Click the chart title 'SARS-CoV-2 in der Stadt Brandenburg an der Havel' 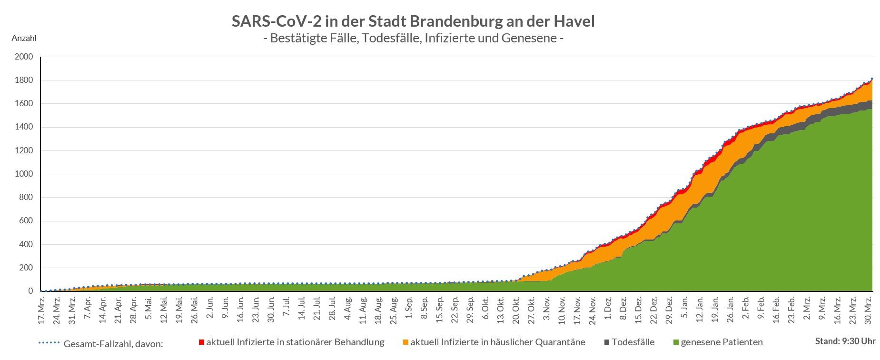point(413,21)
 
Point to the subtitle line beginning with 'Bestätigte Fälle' point(413,38)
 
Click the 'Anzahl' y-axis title point(24,39)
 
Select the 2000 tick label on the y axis point(24,57)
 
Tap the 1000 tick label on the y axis point(24,174)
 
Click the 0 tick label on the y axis point(31,291)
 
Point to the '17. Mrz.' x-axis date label point(41,310)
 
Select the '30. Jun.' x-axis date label point(271,310)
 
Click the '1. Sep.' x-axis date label point(408,309)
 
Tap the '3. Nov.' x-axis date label point(546,309)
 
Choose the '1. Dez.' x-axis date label point(607,309)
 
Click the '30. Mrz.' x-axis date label point(868,310)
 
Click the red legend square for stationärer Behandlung point(201,342)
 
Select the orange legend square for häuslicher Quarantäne point(405,342)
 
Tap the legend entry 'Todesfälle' point(633,342)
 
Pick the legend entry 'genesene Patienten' point(722,342)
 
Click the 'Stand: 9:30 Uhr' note point(845,341)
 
